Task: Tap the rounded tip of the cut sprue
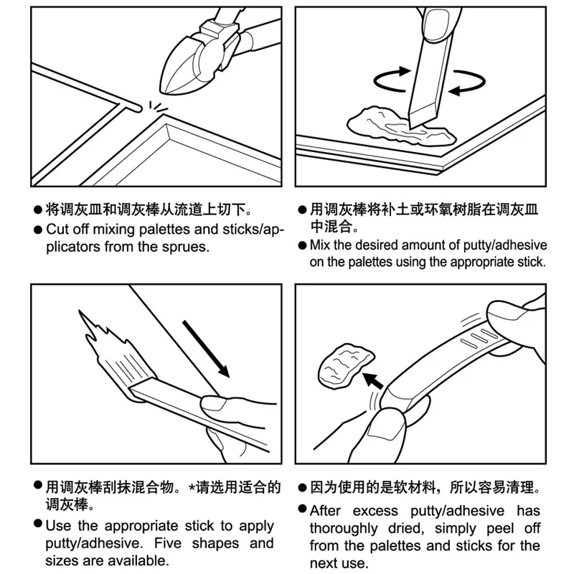tap(138, 108)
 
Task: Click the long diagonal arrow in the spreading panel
tap(206, 349)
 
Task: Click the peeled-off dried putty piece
tap(346, 365)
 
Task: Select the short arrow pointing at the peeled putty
tap(372, 381)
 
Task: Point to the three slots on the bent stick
tap(479, 339)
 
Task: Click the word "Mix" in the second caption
tap(320, 245)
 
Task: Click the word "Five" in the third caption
tap(168, 543)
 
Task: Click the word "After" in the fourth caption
tap(326, 511)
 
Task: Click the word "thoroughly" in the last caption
tap(344, 529)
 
